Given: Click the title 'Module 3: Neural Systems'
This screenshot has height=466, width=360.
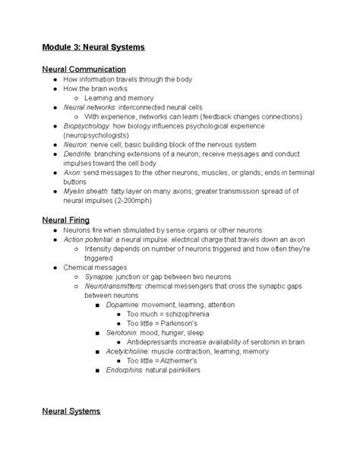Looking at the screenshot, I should [93, 47].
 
